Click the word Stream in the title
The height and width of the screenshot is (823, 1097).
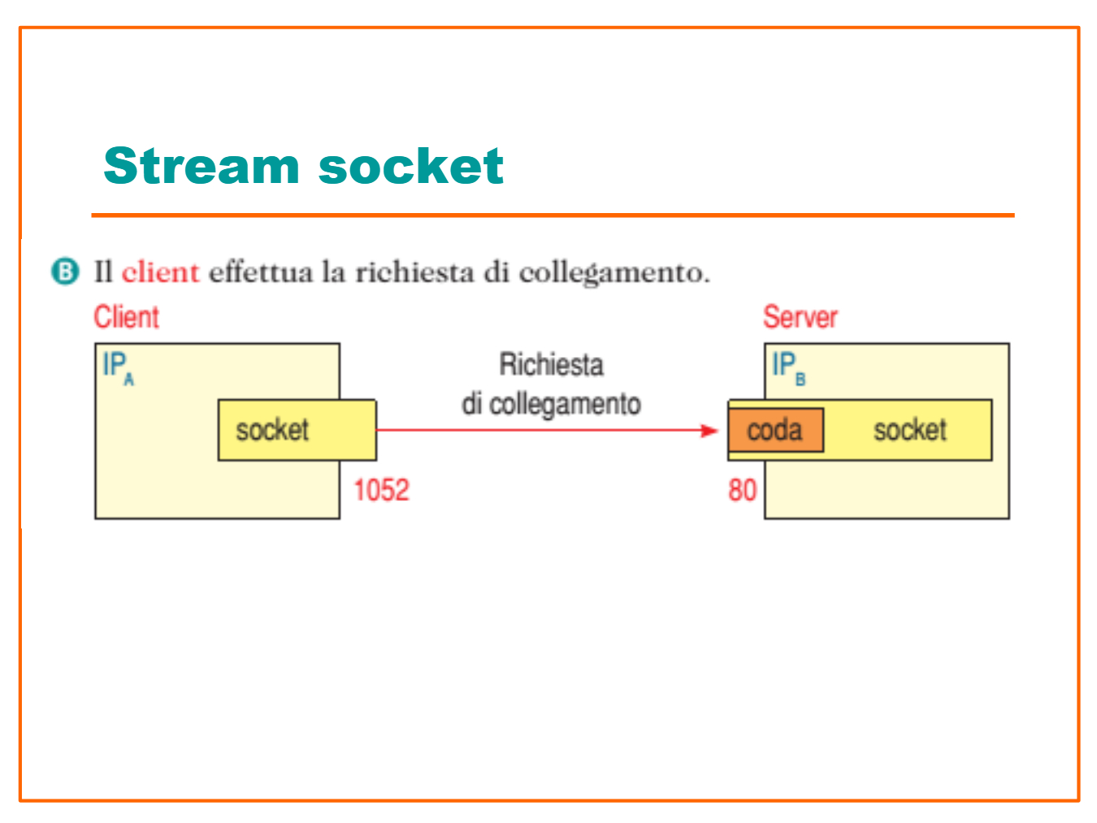pyautogui.click(x=202, y=166)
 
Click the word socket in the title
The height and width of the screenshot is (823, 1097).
pyautogui.click(x=411, y=166)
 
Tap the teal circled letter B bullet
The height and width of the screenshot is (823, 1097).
pyautogui.click(x=66, y=271)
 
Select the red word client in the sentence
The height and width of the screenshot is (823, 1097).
pyautogui.click(x=160, y=272)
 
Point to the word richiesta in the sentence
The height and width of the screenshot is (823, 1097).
pyautogui.click(x=414, y=272)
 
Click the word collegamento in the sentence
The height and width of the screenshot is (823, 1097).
pyautogui.click(x=614, y=274)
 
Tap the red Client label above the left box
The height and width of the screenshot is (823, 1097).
pyautogui.click(x=127, y=316)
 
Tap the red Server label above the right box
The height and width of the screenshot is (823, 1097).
pyautogui.click(x=800, y=316)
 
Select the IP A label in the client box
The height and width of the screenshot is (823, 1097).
pyautogui.click(x=119, y=368)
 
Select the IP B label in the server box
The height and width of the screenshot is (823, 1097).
pyautogui.click(x=789, y=368)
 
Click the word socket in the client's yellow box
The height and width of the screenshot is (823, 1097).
pyautogui.click(x=272, y=430)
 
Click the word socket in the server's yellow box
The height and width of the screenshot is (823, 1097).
pyautogui.click(x=910, y=430)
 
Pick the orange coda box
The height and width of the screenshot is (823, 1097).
pyautogui.click(x=776, y=430)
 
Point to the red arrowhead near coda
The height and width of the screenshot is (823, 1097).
pyautogui.click(x=709, y=430)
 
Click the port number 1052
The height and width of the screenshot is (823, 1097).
pyautogui.click(x=382, y=490)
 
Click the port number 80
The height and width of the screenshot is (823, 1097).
pyautogui.click(x=742, y=490)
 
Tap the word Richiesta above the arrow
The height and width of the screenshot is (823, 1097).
pyautogui.click(x=552, y=364)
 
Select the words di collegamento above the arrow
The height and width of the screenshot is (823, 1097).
pyautogui.click(x=551, y=404)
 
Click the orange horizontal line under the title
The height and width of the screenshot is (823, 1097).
pyautogui.click(x=553, y=216)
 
